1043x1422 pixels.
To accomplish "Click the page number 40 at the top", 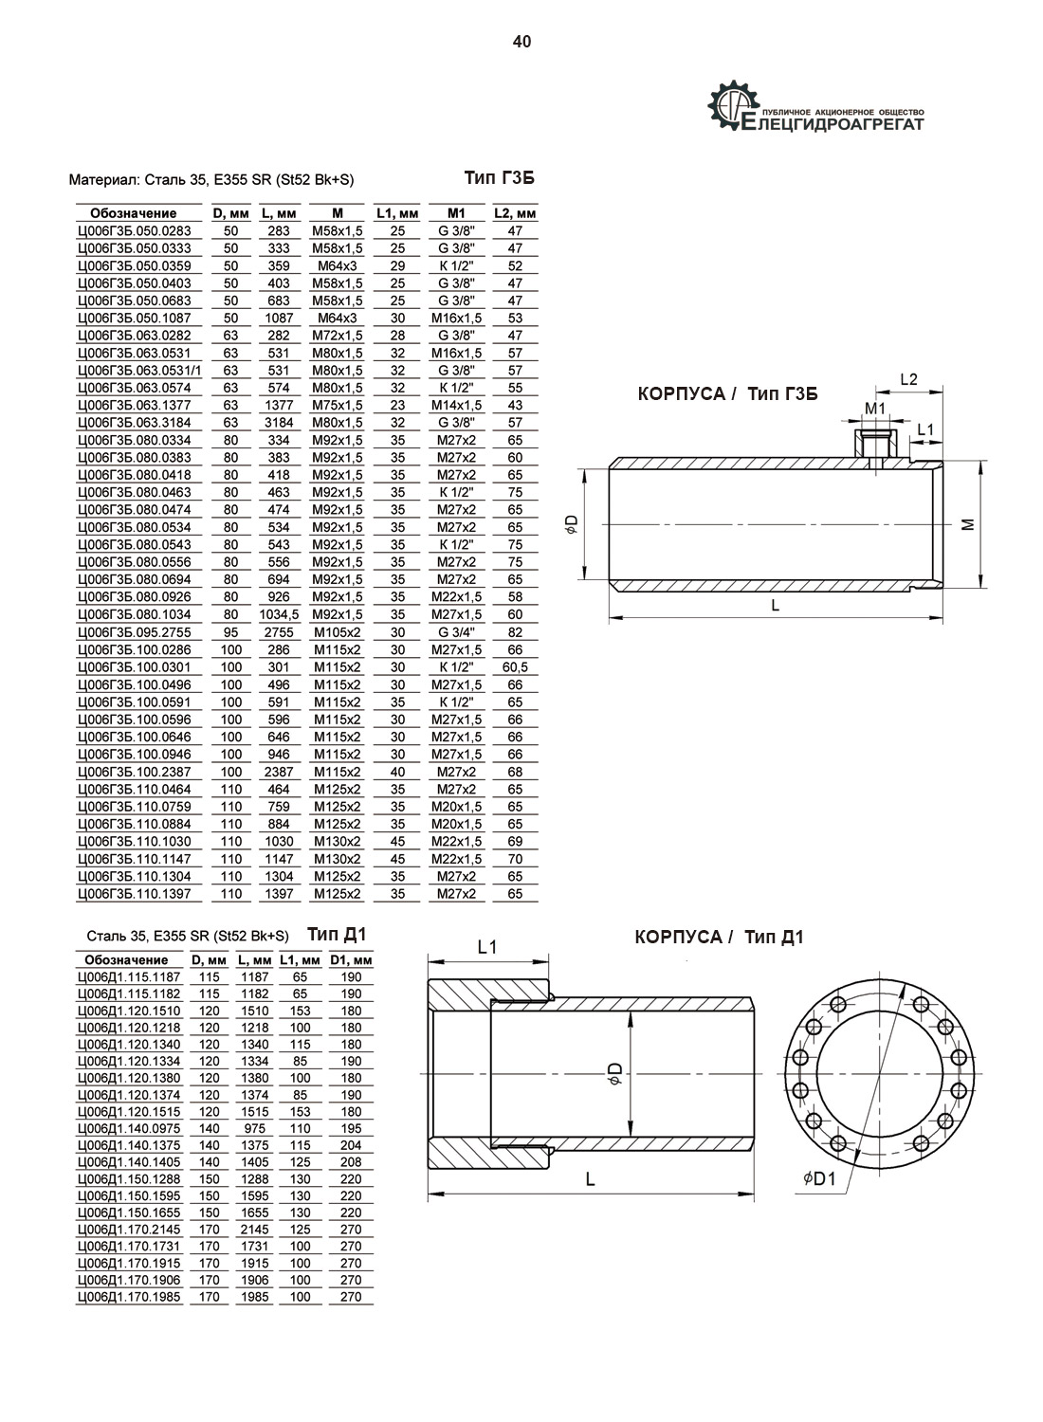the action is [x=521, y=42].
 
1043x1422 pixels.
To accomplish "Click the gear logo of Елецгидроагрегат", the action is [x=733, y=106].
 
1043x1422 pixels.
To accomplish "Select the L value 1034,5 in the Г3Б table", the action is [x=279, y=614].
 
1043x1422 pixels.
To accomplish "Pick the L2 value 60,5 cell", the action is [x=515, y=667].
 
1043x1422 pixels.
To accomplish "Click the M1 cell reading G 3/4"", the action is [x=456, y=632].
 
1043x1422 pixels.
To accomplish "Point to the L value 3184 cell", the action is [x=279, y=423].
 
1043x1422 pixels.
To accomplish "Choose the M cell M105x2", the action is [x=338, y=632].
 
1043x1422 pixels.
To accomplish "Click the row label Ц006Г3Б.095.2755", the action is [x=134, y=632].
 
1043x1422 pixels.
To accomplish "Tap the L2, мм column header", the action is [x=515, y=213].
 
